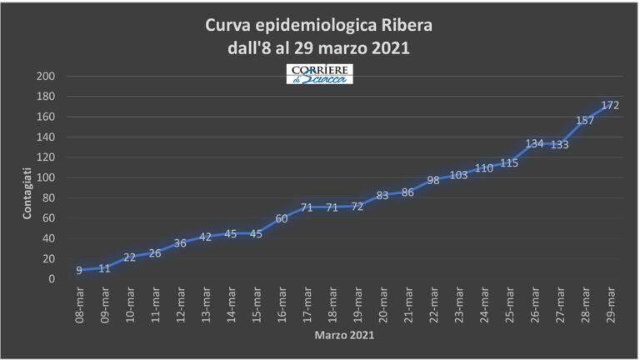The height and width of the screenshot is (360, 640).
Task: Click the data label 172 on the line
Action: (x=610, y=105)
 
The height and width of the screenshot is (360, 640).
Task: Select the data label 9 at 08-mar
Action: (x=78, y=270)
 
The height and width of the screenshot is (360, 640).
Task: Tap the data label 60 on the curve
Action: (x=281, y=218)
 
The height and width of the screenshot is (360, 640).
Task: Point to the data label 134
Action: (x=534, y=143)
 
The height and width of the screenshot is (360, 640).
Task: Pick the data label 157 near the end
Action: (x=585, y=120)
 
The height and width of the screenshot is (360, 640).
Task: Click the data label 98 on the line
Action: (x=432, y=180)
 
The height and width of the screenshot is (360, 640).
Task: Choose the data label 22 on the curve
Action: (x=129, y=257)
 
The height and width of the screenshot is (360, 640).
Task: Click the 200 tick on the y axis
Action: (x=46, y=77)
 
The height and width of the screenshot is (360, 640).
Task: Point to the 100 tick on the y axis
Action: (x=46, y=177)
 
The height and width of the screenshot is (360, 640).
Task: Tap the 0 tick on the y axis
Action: (x=52, y=279)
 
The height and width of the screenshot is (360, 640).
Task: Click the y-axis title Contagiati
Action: (x=27, y=193)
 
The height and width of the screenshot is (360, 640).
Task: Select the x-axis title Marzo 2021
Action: (x=344, y=336)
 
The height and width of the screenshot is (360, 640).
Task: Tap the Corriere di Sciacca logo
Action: (x=320, y=73)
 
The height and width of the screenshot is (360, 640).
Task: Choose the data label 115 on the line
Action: (x=509, y=163)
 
